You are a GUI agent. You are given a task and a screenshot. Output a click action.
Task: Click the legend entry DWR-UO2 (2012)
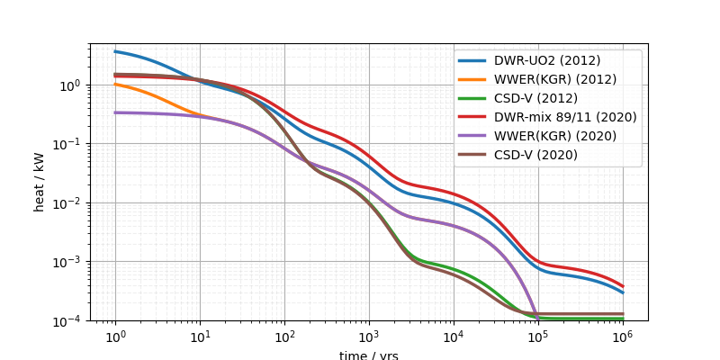[546, 61]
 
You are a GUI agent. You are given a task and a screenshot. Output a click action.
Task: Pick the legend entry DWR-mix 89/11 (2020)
[564, 117]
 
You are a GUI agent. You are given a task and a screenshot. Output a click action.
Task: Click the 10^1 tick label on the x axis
[200, 335]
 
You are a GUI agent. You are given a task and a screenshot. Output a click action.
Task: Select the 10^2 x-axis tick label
[284, 335]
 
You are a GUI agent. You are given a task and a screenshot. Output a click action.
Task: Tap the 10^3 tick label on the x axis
[369, 335]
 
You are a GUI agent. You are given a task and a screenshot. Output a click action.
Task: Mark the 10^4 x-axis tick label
[454, 335]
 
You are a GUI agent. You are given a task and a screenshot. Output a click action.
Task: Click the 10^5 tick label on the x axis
[538, 335]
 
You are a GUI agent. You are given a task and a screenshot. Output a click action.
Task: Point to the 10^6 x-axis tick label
[623, 335]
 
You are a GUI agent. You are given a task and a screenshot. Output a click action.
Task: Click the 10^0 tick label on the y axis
[71, 85]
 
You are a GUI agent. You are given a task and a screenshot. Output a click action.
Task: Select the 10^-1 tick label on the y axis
[68, 144]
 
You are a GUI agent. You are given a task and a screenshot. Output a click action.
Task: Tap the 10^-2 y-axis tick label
[68, 203]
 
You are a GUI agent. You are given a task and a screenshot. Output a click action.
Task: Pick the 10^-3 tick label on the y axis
[68, 262]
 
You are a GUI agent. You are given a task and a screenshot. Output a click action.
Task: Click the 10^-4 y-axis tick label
[68, 320]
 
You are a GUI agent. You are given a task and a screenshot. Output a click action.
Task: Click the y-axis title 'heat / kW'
[39, 182]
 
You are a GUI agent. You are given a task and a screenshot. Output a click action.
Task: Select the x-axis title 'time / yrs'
[369, 355]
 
